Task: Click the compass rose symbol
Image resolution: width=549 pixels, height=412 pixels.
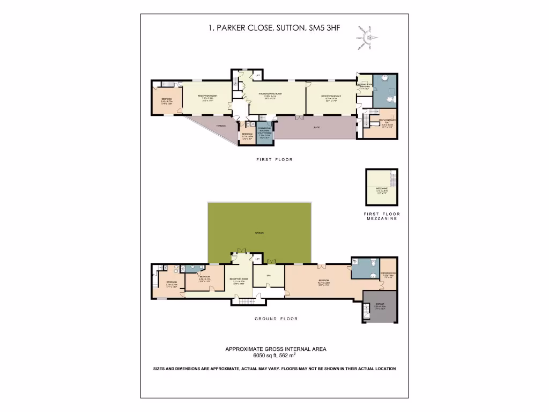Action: click(x=369, y=38)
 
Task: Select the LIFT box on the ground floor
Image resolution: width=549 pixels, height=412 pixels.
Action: click(x=257, y=259)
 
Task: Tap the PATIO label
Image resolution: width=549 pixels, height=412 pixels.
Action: click(x=317, y=127)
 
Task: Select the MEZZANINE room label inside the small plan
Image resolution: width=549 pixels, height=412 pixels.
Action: click(x=382, y=189)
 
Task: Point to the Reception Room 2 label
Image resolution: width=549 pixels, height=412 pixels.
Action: click(x=330, y=97)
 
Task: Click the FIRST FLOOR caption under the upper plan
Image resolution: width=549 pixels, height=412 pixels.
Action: click(x=274, y=160)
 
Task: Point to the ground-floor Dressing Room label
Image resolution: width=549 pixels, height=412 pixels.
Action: click(x=389, y=275)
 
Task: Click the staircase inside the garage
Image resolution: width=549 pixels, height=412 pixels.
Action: click(x=367, y=311)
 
